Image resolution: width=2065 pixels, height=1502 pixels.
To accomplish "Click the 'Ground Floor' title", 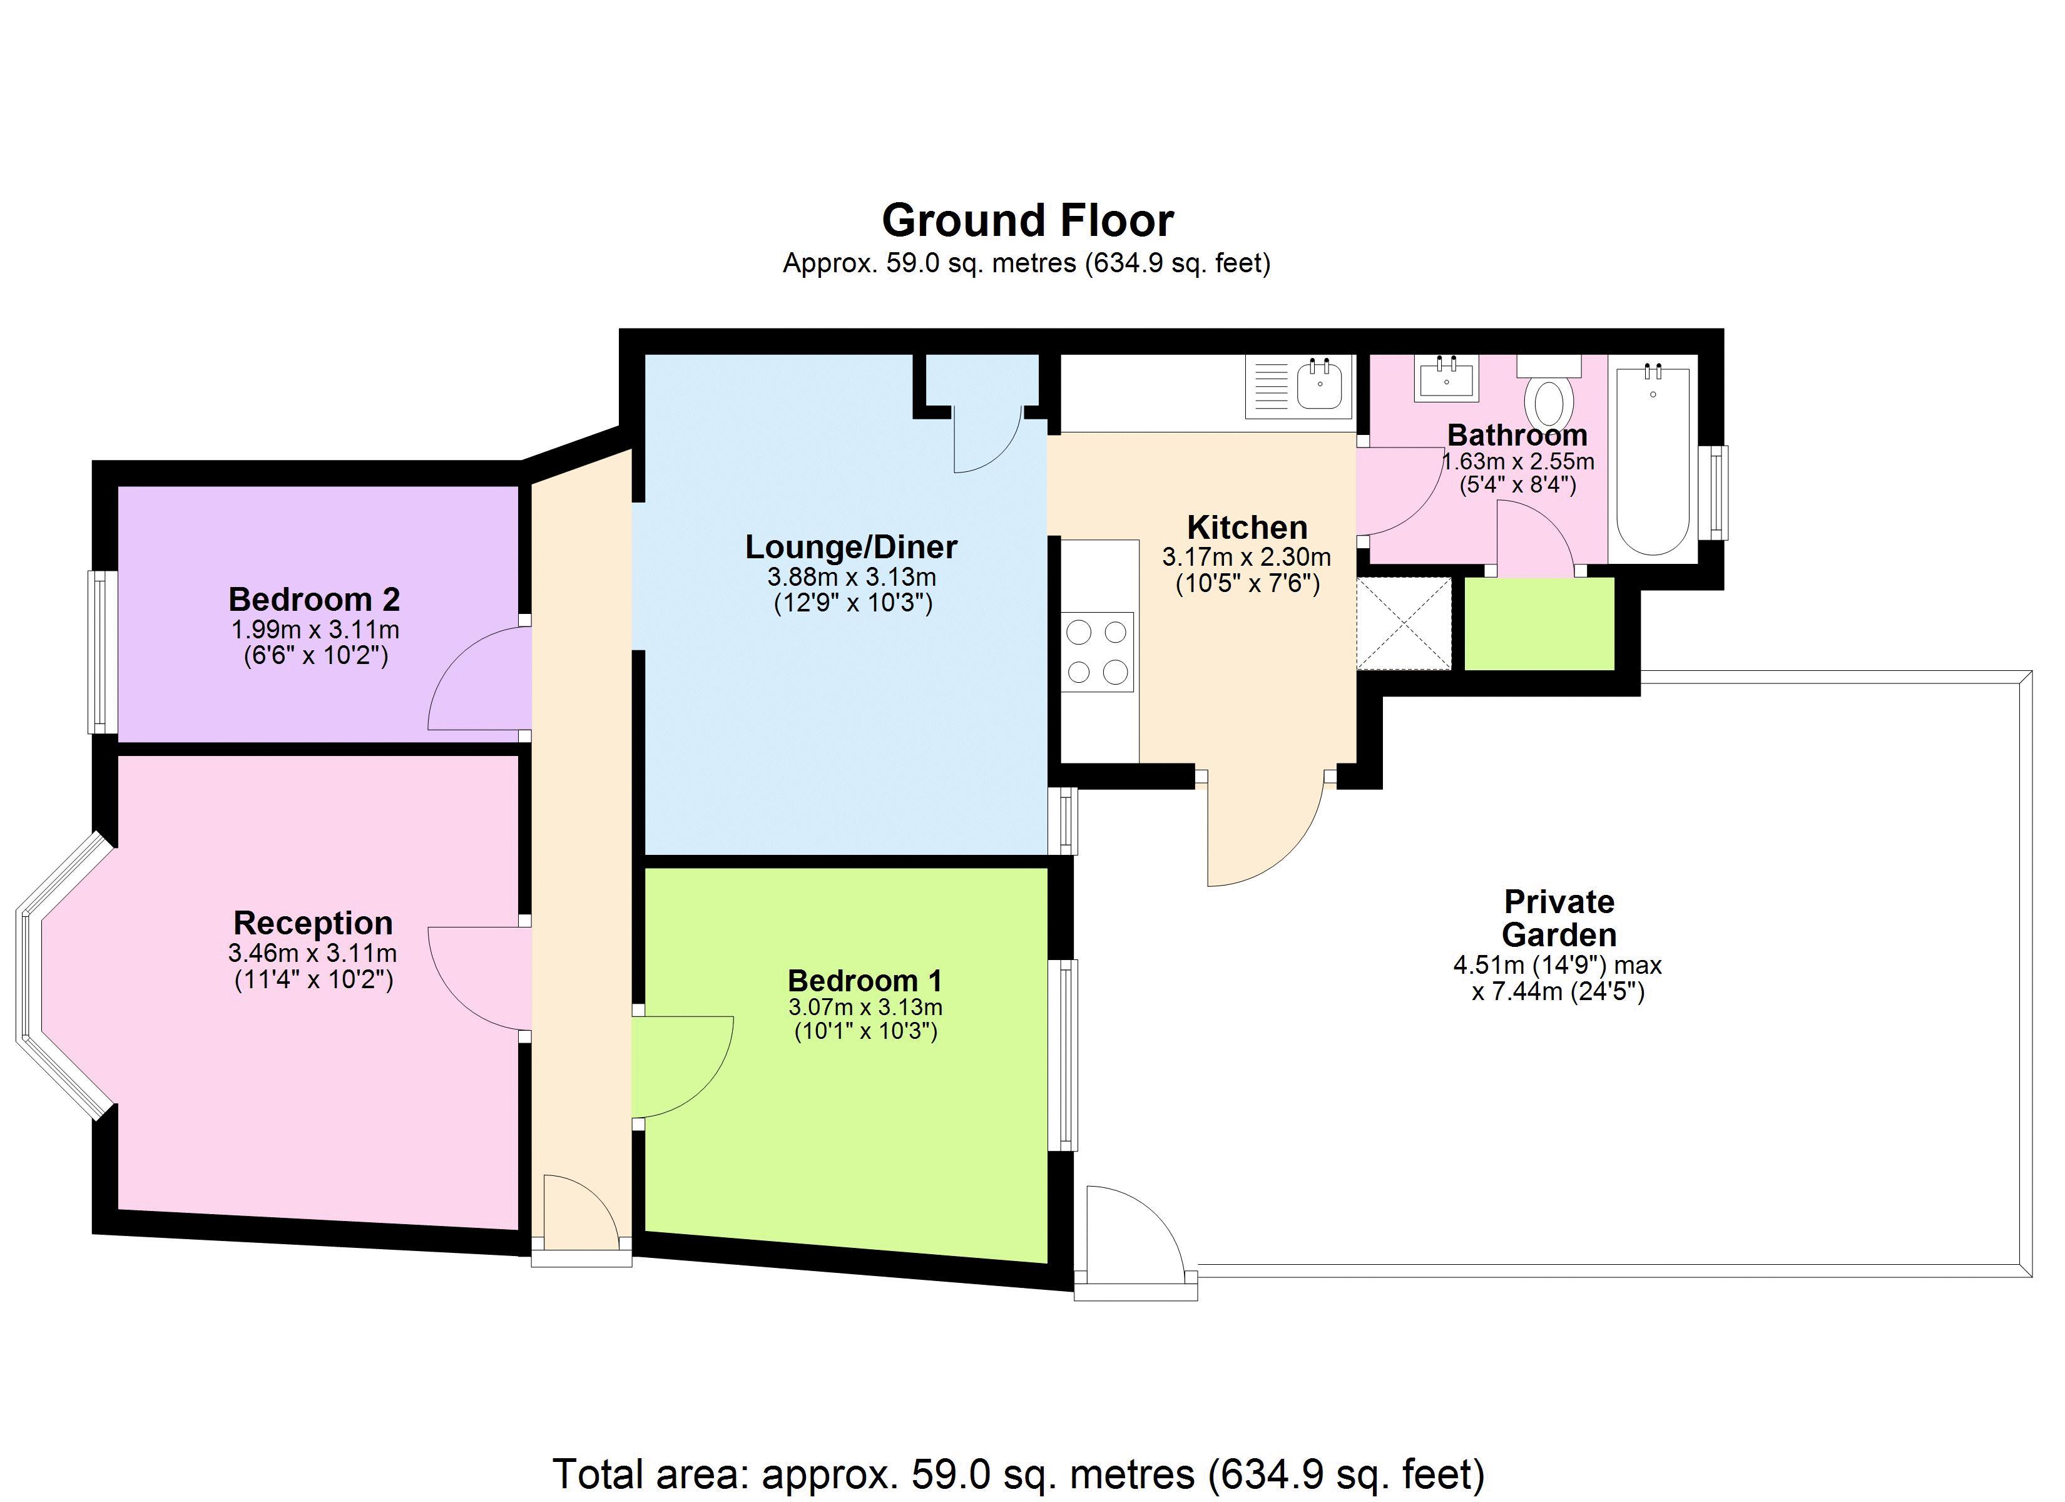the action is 1028,220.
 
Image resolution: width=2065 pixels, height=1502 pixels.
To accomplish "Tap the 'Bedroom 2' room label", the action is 314,600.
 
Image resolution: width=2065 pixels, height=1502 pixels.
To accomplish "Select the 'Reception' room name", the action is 314,922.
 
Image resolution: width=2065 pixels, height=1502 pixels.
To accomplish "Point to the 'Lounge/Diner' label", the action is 851,546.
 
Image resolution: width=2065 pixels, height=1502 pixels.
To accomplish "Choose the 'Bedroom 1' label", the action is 865,980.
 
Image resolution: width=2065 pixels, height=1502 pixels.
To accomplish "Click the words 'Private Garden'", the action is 1559,918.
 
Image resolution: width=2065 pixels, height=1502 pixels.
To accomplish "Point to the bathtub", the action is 1653,460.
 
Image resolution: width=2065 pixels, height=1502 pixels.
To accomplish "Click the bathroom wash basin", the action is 1447,378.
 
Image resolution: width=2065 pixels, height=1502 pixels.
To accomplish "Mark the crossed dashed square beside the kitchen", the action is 1403,624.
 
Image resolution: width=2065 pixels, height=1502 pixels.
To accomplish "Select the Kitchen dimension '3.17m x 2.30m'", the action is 1247,556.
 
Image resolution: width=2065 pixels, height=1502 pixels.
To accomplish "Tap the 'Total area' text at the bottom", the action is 1019,1473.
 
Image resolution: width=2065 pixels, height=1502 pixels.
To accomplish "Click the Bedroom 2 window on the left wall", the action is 102,652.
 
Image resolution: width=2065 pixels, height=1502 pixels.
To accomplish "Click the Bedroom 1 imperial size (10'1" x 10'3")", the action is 865,1031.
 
